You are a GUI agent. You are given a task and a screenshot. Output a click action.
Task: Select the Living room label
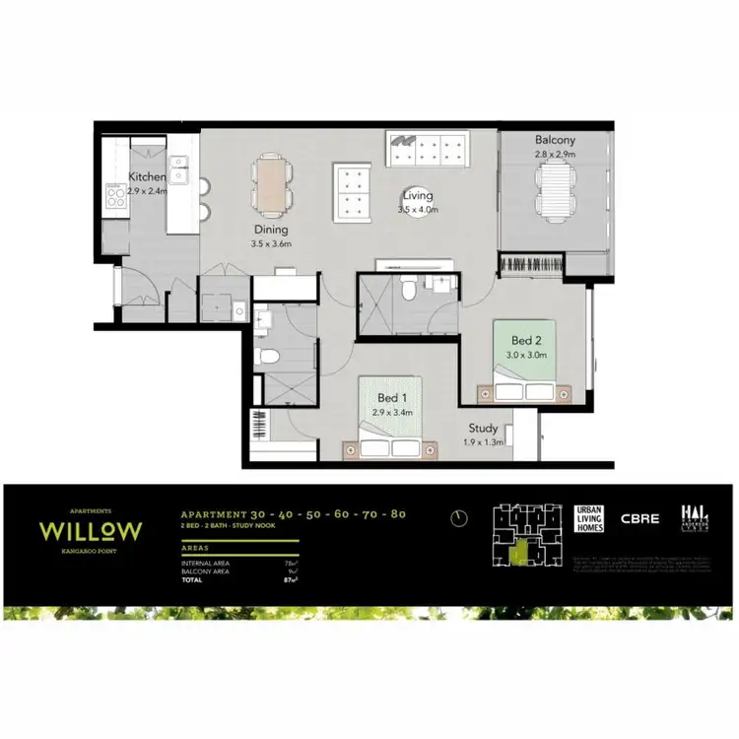coord(417,195)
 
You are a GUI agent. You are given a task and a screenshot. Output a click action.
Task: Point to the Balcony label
coord(555,141)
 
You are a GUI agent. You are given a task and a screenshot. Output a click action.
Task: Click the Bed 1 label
coord(391,398)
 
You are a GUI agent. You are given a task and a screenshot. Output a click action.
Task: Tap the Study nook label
coord(483,429)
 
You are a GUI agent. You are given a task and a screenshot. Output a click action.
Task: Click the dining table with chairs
coord(271,184)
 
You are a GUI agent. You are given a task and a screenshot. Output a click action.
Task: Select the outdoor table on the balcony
coord(555,191)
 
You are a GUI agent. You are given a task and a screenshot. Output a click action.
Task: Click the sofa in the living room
coord(430,149)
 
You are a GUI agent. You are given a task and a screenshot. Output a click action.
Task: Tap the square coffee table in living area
coord(352,190)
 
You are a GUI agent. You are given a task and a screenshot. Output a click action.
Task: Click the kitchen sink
coord(178,170)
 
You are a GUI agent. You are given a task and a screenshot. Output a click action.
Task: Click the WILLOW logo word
coord(91,531)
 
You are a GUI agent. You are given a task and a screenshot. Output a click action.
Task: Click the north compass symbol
coord(458,517)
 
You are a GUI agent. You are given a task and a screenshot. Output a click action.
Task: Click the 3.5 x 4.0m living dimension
coord(417,209)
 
